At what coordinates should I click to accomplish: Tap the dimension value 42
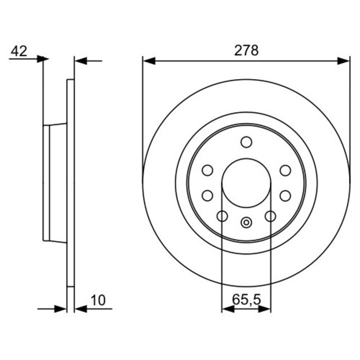(19, 50)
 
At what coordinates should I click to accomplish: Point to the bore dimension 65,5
(246, 299)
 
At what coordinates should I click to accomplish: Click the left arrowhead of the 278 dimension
(148, 61)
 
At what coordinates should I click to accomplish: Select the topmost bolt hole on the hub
(246, 142)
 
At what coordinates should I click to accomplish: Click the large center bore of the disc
(246, 182)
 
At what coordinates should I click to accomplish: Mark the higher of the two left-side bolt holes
(207, 170)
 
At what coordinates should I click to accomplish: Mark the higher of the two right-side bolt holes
(285, 170)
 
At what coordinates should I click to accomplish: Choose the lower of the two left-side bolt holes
(207, 195)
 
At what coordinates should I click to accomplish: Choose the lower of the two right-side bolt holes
(285, 195)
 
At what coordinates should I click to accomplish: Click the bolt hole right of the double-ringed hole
(270, 216)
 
